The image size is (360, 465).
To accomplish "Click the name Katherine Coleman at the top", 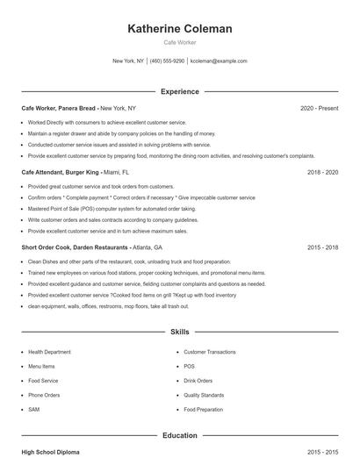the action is [x=180, y=29].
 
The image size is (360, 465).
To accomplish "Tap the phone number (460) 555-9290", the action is [x=168, y=61].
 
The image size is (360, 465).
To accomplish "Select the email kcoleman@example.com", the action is [x=220, y=61].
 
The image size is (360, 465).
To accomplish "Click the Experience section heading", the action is [x=180, y=91].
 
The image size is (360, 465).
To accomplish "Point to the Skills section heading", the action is [x=180, y=333].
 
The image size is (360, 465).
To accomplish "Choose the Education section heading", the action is [x=180, y=435].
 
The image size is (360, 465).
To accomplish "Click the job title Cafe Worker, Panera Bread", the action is [x=59, y=108].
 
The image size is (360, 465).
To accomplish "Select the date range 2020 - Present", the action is [x=319, y=108].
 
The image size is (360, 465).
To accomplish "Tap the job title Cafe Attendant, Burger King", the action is [x=61, y=173].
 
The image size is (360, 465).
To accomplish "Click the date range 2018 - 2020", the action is [x=322, y=173].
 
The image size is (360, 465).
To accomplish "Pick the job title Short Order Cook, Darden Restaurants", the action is [x=75, y=248].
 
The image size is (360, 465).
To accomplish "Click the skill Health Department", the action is [x=49, y=352].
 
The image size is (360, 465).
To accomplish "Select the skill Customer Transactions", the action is [x=209, y=352].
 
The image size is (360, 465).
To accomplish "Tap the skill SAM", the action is [x=34, y=410].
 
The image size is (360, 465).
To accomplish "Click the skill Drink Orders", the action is [x=198, y=381].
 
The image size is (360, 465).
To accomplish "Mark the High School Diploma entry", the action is [x=50, y=452].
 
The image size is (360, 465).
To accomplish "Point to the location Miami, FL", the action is [x=116, y=173].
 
